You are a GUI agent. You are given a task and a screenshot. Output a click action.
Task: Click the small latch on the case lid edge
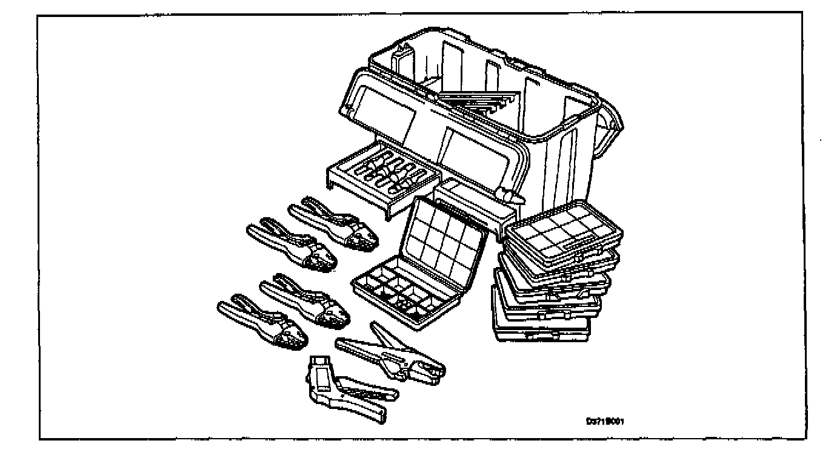(x=508, y=195)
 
